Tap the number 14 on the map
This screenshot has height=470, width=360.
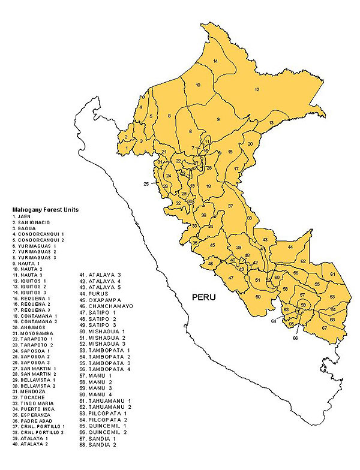215,62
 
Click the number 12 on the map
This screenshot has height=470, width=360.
256,89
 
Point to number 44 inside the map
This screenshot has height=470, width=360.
290,247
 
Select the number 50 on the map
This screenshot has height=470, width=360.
258,297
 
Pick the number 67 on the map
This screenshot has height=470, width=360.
325,327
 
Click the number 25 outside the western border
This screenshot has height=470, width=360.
146,183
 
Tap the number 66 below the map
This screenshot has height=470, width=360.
295,338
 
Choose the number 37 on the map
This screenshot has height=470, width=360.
230,206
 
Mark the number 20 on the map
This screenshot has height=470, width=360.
250,144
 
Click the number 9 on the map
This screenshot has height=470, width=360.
218,119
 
